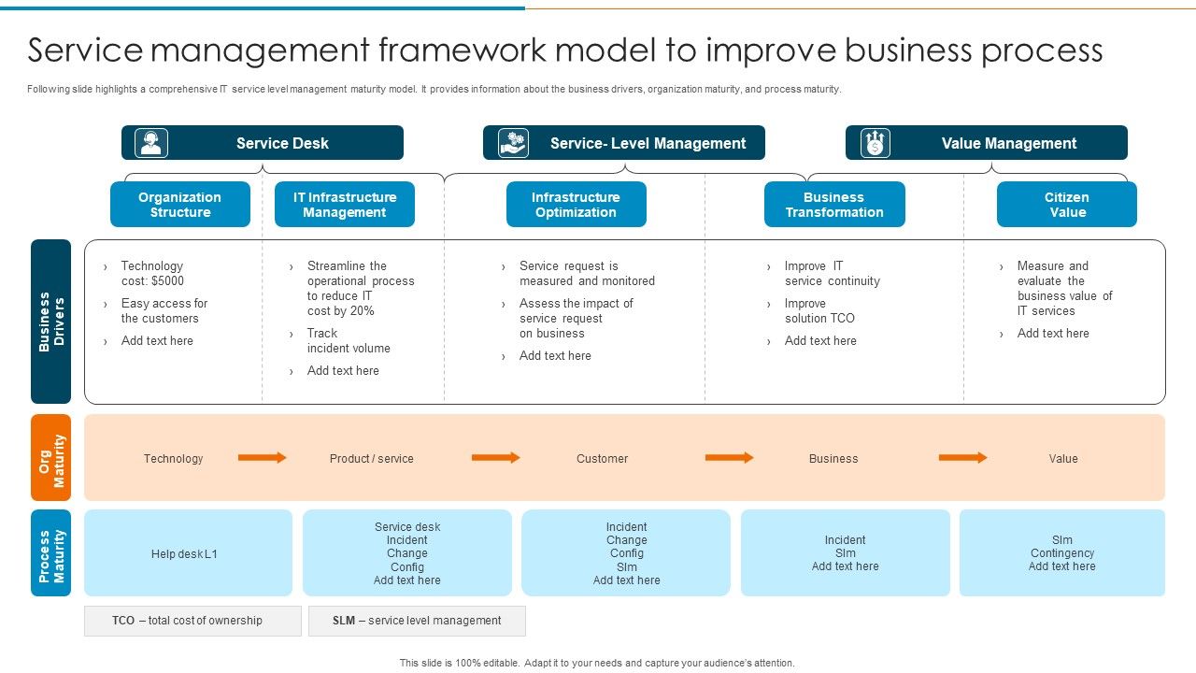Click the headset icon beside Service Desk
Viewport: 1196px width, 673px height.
tap(151, 143)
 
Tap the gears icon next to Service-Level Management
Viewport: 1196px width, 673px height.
tap(513, 143)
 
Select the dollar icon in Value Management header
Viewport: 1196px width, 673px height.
tap(876, 143)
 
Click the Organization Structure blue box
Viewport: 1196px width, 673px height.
tap(180, 205)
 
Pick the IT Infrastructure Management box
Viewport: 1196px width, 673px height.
tap(345, 205)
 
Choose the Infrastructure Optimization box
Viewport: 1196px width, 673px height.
tap(576, 205)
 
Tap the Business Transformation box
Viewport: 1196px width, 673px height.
tap(834, 205)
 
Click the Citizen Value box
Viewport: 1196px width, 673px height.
tap(1066, 205)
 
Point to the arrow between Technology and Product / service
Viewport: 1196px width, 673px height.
tap(262, 458)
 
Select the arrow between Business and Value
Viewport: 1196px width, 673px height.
tap(962, 458)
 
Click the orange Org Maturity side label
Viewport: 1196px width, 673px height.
tap(50, 458)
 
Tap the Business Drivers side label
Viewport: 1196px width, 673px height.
tap(50, 322)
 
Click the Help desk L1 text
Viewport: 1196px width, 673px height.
tap(185, 554)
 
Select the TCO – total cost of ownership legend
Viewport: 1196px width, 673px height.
tap(192, 621)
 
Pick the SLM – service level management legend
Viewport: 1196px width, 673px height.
tap(417, 621)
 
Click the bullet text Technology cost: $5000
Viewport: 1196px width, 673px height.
tap(152, 273)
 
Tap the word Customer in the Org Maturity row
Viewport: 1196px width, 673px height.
tap(602, 459)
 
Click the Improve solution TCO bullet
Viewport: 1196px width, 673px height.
tap(819, 310)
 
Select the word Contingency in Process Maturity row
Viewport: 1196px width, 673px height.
tap(1062, 553)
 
